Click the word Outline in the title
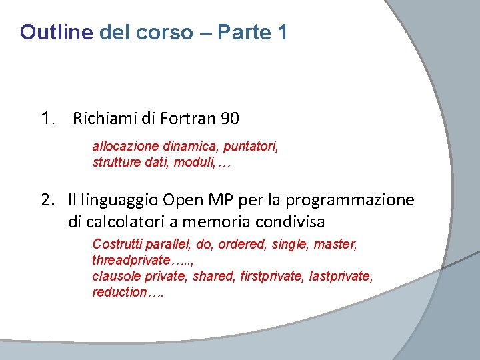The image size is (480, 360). pos(57,32)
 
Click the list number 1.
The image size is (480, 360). pos(46,119)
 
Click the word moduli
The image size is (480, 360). pos(193,161)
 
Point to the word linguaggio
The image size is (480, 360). pos(122,201)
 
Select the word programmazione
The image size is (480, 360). pos(359,200)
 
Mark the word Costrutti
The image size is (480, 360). pos(117,245)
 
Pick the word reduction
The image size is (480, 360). pos(119,292)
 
